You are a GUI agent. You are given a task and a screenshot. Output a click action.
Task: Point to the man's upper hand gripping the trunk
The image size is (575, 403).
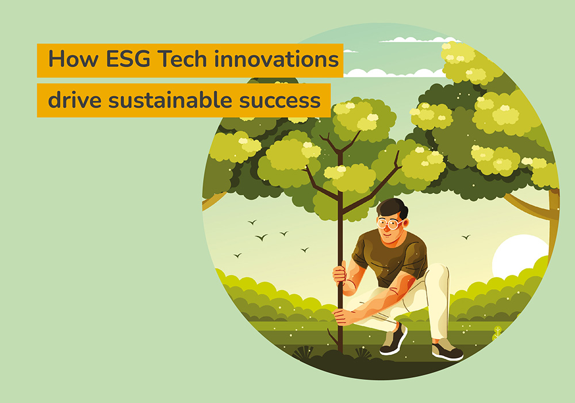coord(340,272)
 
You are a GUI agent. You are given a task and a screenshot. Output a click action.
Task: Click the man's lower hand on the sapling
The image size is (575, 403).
coord(342,316)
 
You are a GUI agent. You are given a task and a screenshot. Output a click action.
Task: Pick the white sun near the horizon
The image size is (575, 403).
coord(517,256)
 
